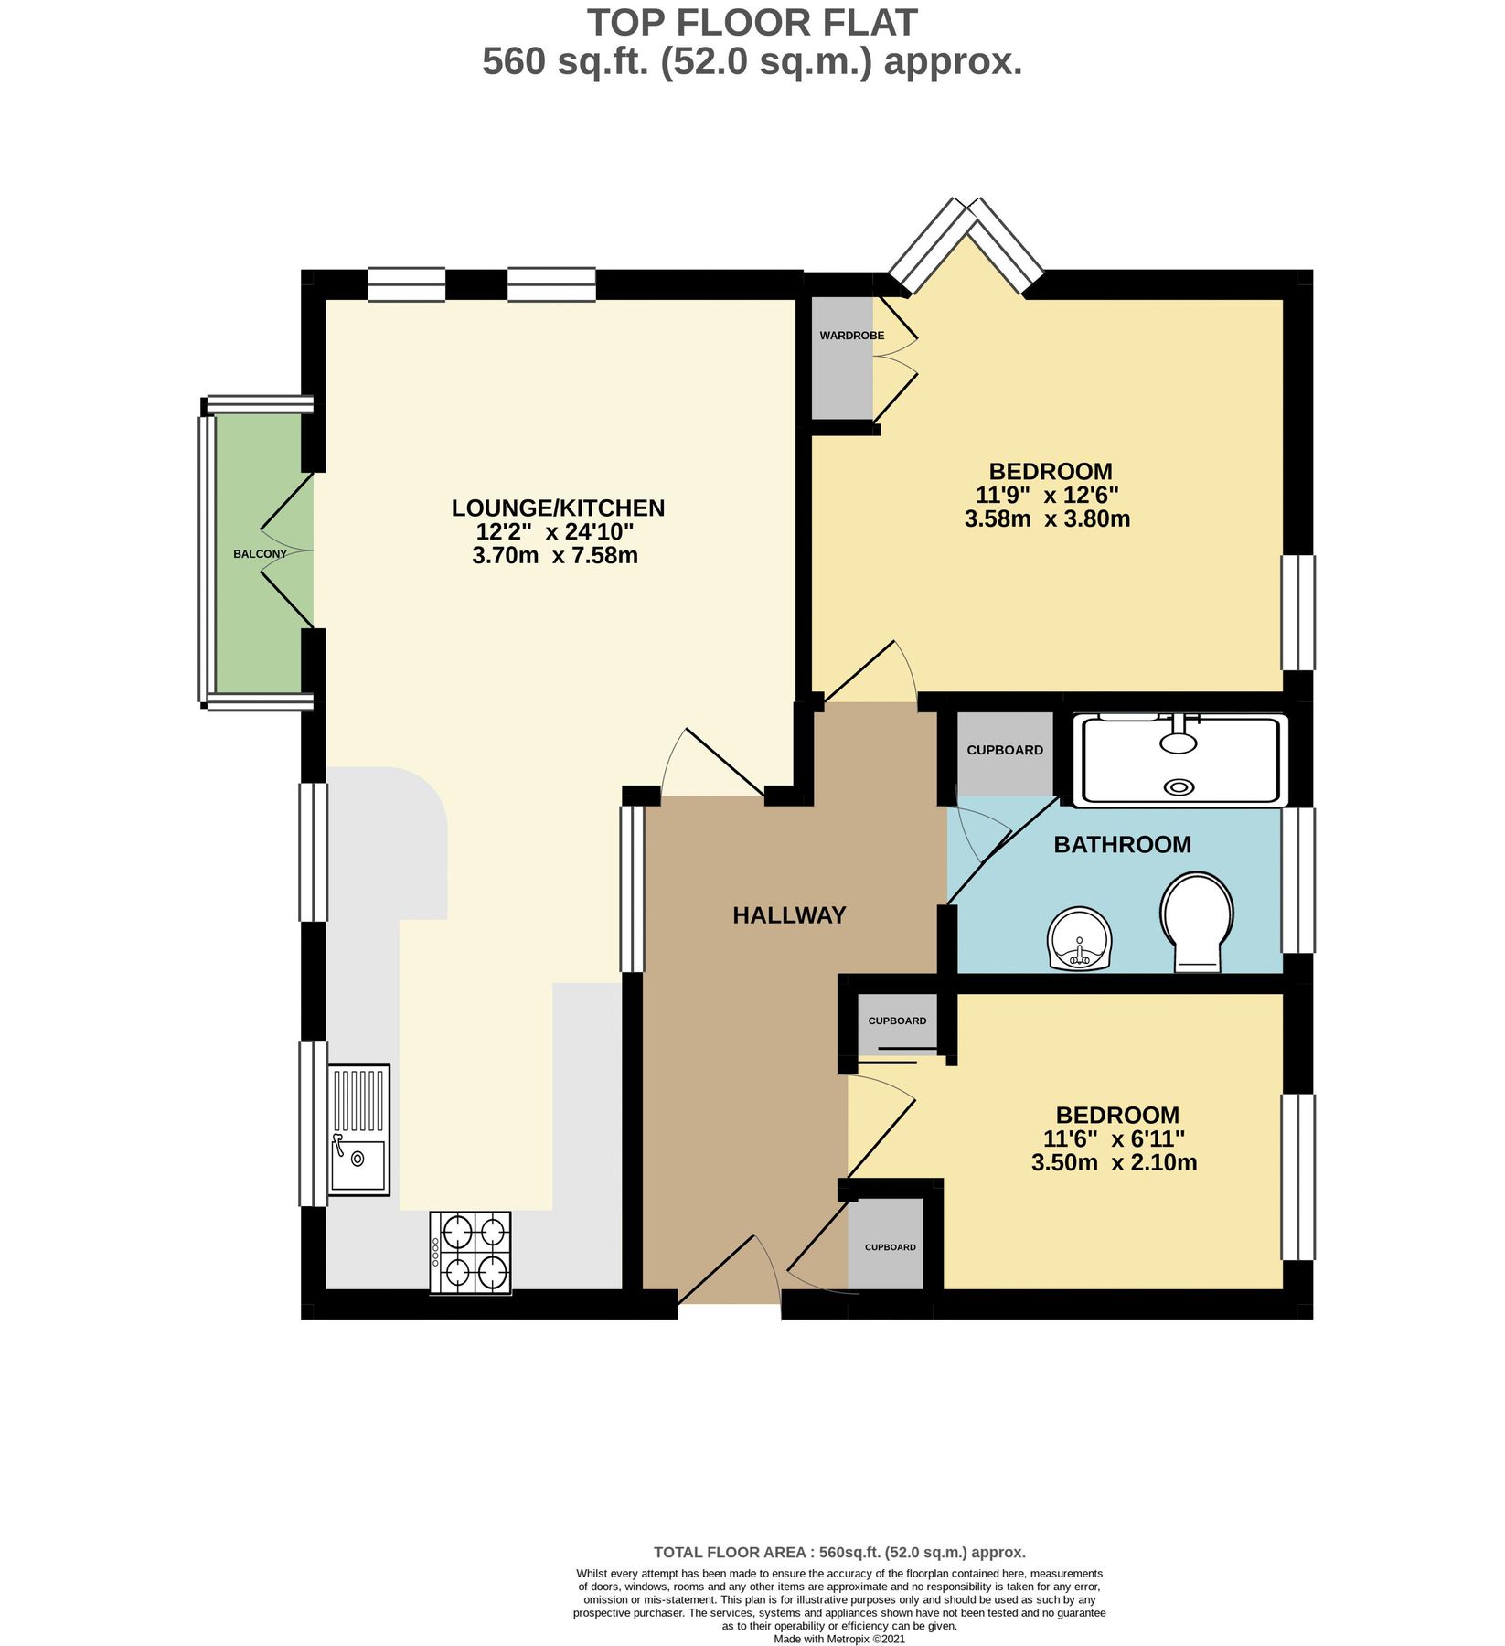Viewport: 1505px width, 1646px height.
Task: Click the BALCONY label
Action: [x=260, y=554]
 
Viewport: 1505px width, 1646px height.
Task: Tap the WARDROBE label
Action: [x=851, y=336]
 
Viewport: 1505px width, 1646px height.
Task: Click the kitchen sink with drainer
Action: [x=358, y=1129]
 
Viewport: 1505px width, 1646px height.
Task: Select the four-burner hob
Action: [x=471, y=1253]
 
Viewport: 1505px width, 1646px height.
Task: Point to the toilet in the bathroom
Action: [x=1197, y=920]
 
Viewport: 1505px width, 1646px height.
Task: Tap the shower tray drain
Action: [x=1179, y=786]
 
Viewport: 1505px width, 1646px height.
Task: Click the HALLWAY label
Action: [x=789, y=915]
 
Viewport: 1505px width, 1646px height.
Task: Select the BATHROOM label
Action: [x=1122, y=844]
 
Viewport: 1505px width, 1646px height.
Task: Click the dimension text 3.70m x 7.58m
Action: [x=555, y=555]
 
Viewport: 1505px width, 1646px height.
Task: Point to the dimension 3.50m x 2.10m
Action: [x=1114, y=1163]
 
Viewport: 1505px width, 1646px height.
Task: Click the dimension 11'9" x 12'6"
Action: [x=1048, y=496]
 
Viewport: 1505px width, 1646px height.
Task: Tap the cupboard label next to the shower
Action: [x=1005, y=750]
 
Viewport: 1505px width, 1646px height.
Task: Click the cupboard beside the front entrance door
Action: [x=890, y=1247]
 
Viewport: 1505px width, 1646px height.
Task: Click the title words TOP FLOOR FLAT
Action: [x=752, y=22]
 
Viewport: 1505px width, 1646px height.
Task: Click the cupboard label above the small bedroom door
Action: [x=897, y=1021]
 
